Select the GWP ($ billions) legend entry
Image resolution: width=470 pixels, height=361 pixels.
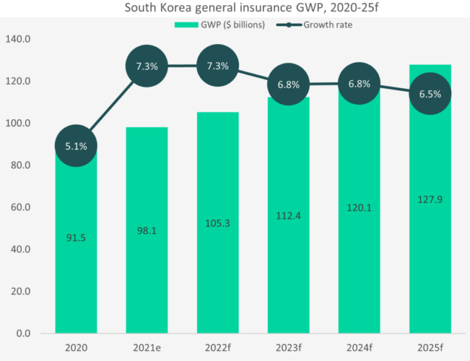220,24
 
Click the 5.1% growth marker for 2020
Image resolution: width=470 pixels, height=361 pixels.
76,146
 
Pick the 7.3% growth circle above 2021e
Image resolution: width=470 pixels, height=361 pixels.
147,66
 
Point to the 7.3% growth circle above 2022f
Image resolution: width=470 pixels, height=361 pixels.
218,66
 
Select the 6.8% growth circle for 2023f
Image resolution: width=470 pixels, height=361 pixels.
288,84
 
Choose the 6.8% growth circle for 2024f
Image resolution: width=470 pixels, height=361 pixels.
359,84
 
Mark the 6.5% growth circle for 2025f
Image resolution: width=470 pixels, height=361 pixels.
430,94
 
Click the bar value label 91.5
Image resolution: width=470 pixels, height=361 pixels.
76,238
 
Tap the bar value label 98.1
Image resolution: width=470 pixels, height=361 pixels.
147,231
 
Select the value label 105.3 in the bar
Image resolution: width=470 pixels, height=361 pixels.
218,223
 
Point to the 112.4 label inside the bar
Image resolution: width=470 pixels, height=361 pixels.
288,215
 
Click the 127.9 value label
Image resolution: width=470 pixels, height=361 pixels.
430,199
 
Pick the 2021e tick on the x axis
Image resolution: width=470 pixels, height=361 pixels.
147,348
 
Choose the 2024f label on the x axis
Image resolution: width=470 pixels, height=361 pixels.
359,348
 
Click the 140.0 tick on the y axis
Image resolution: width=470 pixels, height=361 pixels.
18,39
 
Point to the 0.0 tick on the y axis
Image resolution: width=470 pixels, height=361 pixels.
22,334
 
